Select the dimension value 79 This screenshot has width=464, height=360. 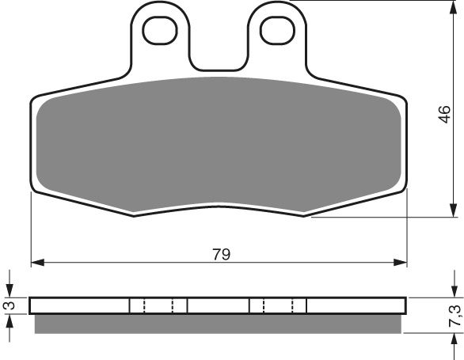(221, 254)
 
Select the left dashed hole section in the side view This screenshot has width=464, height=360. (158, 305)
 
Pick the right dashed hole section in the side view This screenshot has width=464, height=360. (278, 305)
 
